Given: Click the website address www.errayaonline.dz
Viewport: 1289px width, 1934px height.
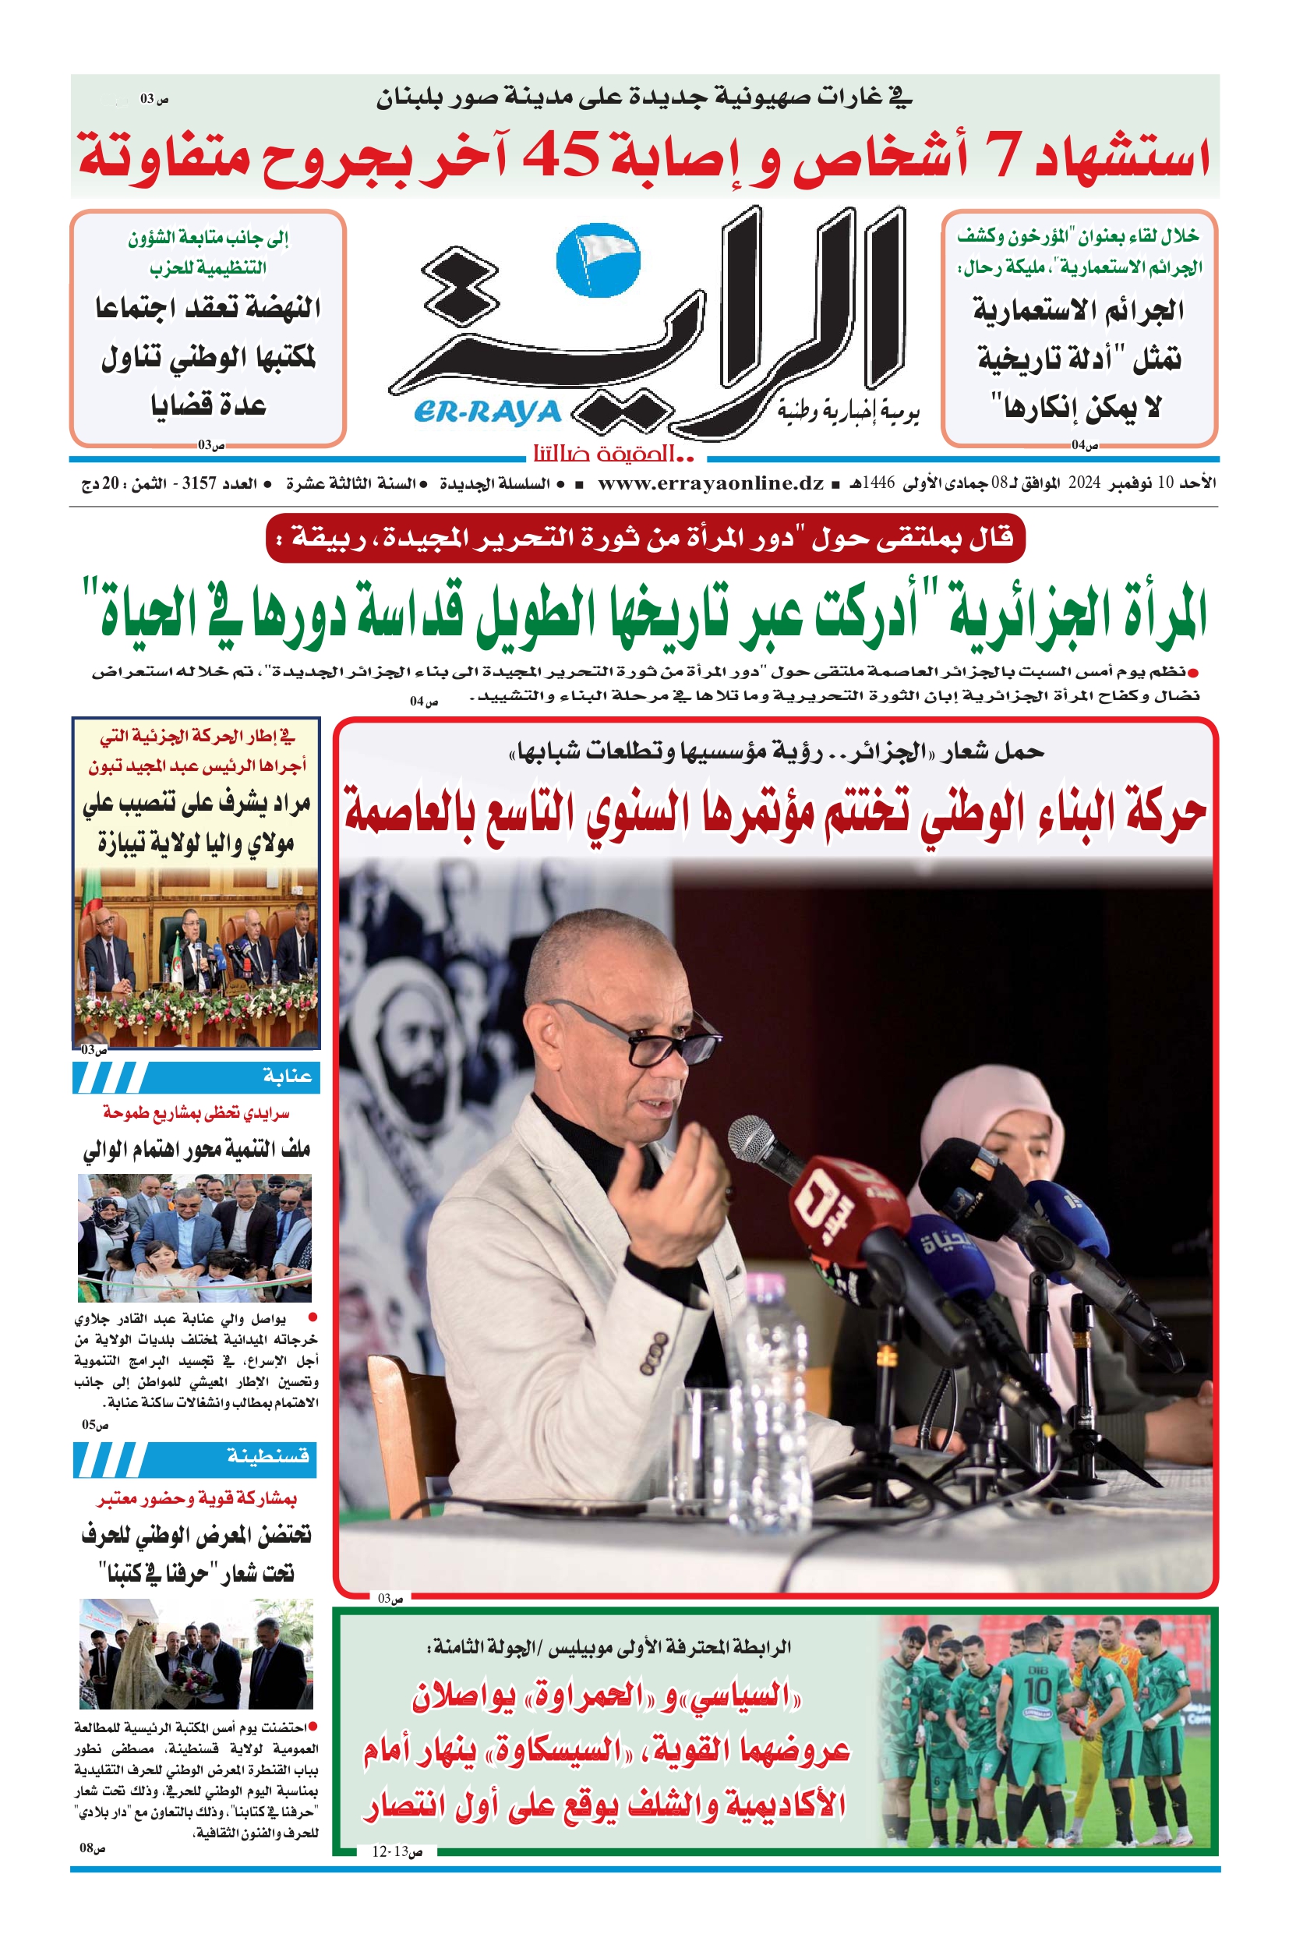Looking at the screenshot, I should tap(710, 483).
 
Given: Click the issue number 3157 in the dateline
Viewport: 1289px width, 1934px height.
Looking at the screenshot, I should tap(199, 483).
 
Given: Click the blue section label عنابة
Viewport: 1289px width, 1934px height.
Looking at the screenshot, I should tap(287, 1077).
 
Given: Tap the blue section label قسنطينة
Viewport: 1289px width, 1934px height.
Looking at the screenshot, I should tap(268, 1456).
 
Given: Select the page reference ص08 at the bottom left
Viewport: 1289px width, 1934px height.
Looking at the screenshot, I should tap(92, 1848).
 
